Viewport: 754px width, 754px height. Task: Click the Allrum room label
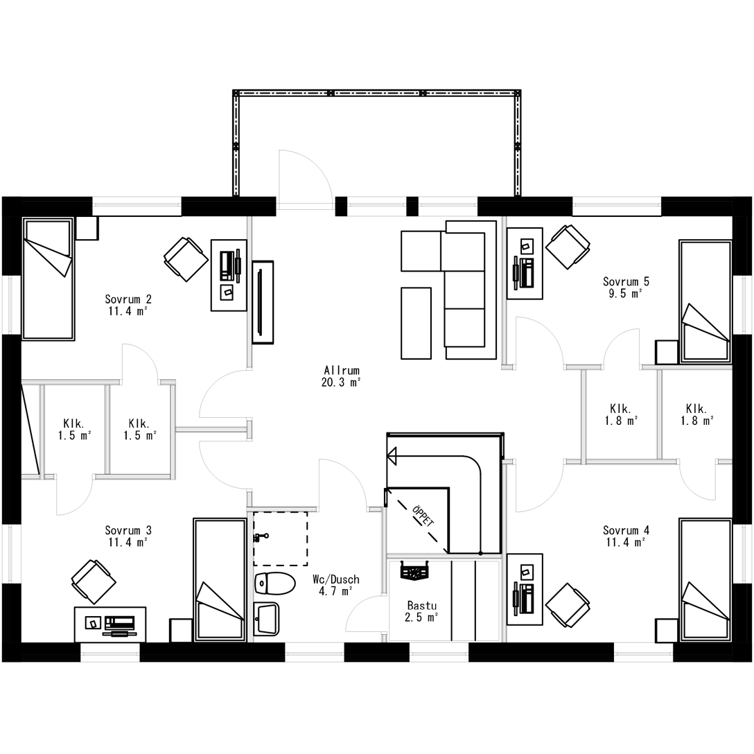pos(342,371)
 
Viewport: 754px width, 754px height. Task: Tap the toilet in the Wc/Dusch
pos(274,584)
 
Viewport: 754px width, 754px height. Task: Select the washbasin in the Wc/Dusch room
pos(266,618)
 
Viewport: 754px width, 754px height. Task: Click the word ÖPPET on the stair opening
pos(423,516)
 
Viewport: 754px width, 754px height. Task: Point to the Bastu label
pos(422,606)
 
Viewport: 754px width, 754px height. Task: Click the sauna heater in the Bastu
pos(414,572)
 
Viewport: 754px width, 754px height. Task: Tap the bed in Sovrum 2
pos(48,279)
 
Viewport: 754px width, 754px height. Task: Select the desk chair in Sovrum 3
pos(94,581)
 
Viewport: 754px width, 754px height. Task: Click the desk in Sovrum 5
pos(525,263)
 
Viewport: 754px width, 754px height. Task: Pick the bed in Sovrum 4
pos(705,580)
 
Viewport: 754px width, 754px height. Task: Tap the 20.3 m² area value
pos(342,383)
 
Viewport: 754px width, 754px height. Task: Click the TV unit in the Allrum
pos(263,302)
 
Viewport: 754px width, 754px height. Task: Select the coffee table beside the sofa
pos(416,323)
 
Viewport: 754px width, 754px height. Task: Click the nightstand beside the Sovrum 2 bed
pos(87,229)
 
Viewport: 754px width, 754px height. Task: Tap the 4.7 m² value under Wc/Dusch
pos(336,591)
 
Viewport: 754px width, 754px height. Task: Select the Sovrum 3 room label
pos(128,530)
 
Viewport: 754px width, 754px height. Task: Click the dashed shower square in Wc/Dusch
pos(281,538)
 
